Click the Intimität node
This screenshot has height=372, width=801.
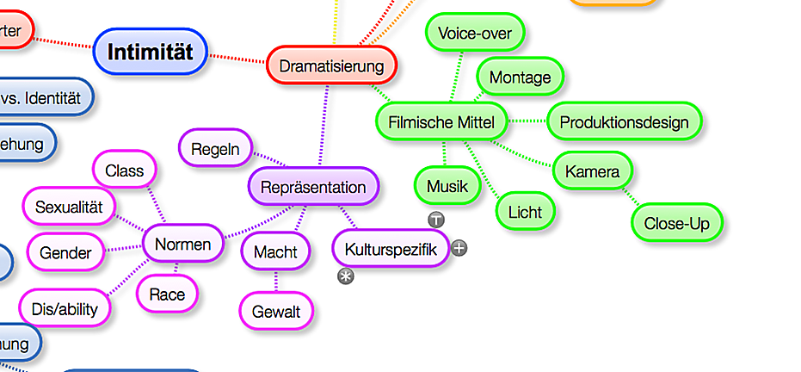point(150,52)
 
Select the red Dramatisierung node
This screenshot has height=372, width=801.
point(331,65)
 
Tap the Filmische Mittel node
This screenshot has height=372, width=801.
point(441,122)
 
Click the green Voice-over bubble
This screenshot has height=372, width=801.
point(474,34)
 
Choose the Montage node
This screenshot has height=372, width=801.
point(520,77)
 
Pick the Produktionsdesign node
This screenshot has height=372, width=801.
point(624,122)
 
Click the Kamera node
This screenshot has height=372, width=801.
point(592,171)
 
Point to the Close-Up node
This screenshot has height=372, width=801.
point(676,224)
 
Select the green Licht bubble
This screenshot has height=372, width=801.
point(525,211)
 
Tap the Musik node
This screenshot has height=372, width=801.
point(447,186)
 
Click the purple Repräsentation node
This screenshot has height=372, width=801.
point(313,187)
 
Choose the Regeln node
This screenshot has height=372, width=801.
point(215,148)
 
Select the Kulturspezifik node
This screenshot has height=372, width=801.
point(391,250)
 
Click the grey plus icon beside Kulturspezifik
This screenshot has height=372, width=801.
point(459,248)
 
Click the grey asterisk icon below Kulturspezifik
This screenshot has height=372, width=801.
point(346,276)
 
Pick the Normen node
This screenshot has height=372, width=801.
point(182,245)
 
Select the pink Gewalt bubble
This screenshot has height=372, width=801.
point(276,312)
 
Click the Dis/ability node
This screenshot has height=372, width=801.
point(65,308)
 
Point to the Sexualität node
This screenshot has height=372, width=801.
point(69,207)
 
